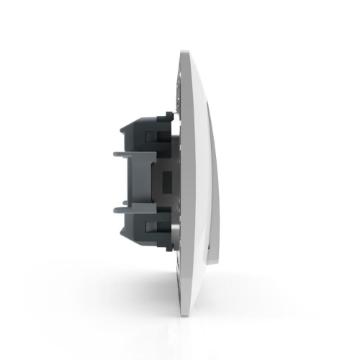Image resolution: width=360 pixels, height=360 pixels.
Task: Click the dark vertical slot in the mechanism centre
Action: point(163,180)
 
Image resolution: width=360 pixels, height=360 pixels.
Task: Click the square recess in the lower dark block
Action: point(153,229)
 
